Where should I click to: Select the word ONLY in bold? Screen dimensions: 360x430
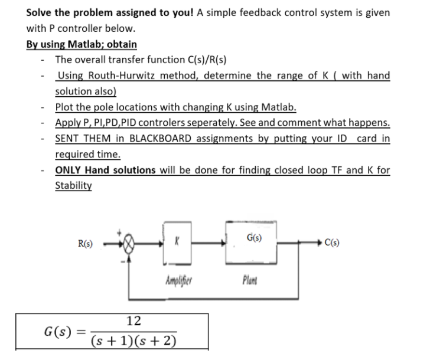click(x=69, y=170)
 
